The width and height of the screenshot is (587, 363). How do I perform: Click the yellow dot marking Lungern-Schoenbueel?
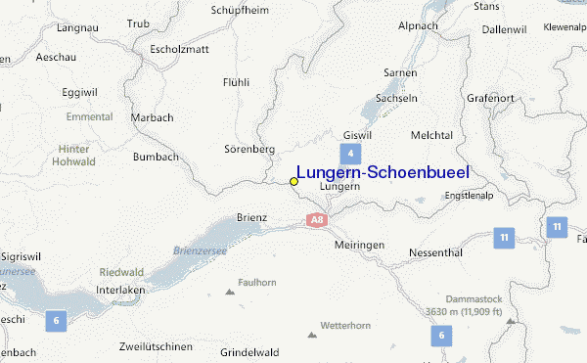[x=293, y=181]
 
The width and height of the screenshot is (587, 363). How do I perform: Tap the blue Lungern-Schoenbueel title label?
[x=383, y=172]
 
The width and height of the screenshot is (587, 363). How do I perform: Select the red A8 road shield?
[x=315, y=220]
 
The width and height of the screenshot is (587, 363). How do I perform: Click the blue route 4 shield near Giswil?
[x=350, y=154]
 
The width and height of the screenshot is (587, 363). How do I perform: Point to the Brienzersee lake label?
[x=201, y=251]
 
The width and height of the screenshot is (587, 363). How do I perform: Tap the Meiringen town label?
[x=359, y=245]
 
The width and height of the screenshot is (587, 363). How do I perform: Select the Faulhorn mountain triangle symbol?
[x=231, y=291]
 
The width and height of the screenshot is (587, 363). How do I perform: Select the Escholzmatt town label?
[x=175, y=49]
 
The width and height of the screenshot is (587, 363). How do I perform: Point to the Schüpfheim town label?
[x=241, y=11]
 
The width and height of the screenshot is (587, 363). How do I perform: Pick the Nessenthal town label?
[x=435, y=251]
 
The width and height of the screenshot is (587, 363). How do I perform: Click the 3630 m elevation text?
[x=463, y=312]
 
